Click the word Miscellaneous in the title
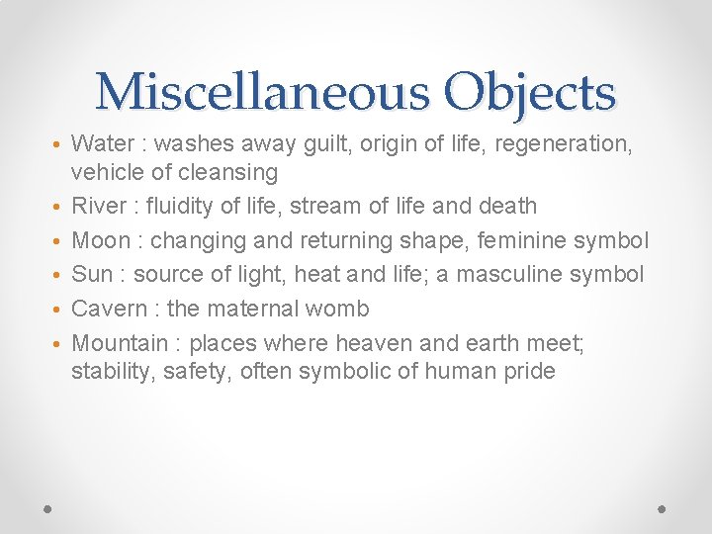coord(262,93)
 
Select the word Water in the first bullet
coord(104,143)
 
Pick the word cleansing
coord(230,172)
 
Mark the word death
coord(506,207)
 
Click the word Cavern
coord(110,309)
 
